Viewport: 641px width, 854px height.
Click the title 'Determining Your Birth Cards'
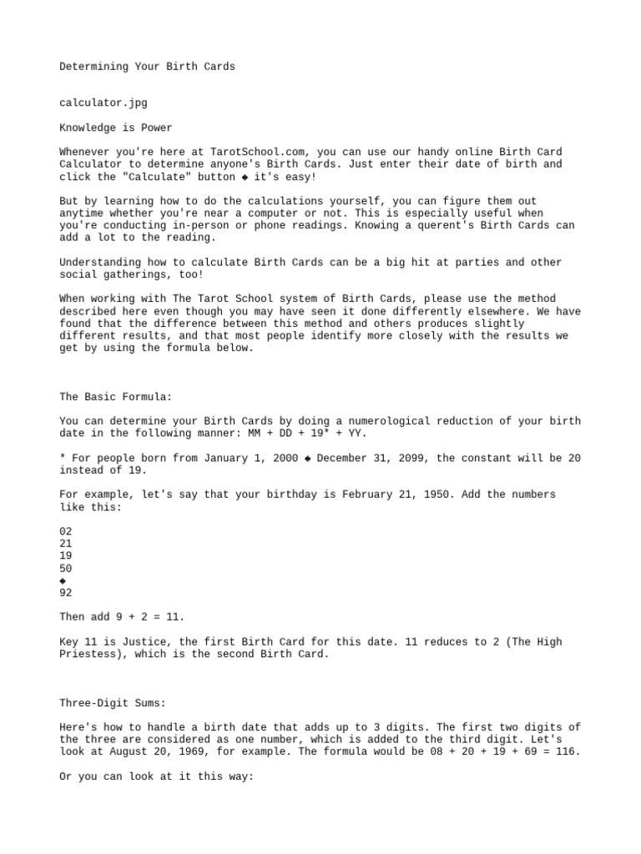pyautogui.click(x=147, y=66)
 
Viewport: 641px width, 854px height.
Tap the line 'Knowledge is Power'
pyautogui.click(x=116, y=128)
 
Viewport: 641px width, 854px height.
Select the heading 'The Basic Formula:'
pyautogui.click(x=116, y=397)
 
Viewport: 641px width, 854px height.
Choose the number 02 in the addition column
pyautogui.click(x=66, y=531)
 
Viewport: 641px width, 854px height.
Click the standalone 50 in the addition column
pyautogui.click(x=66, y=568)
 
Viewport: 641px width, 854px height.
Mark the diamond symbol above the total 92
pyautogui.click(x=63, y=580)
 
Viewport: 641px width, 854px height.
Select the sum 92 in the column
pyautogui.click(x=66, y=593)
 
